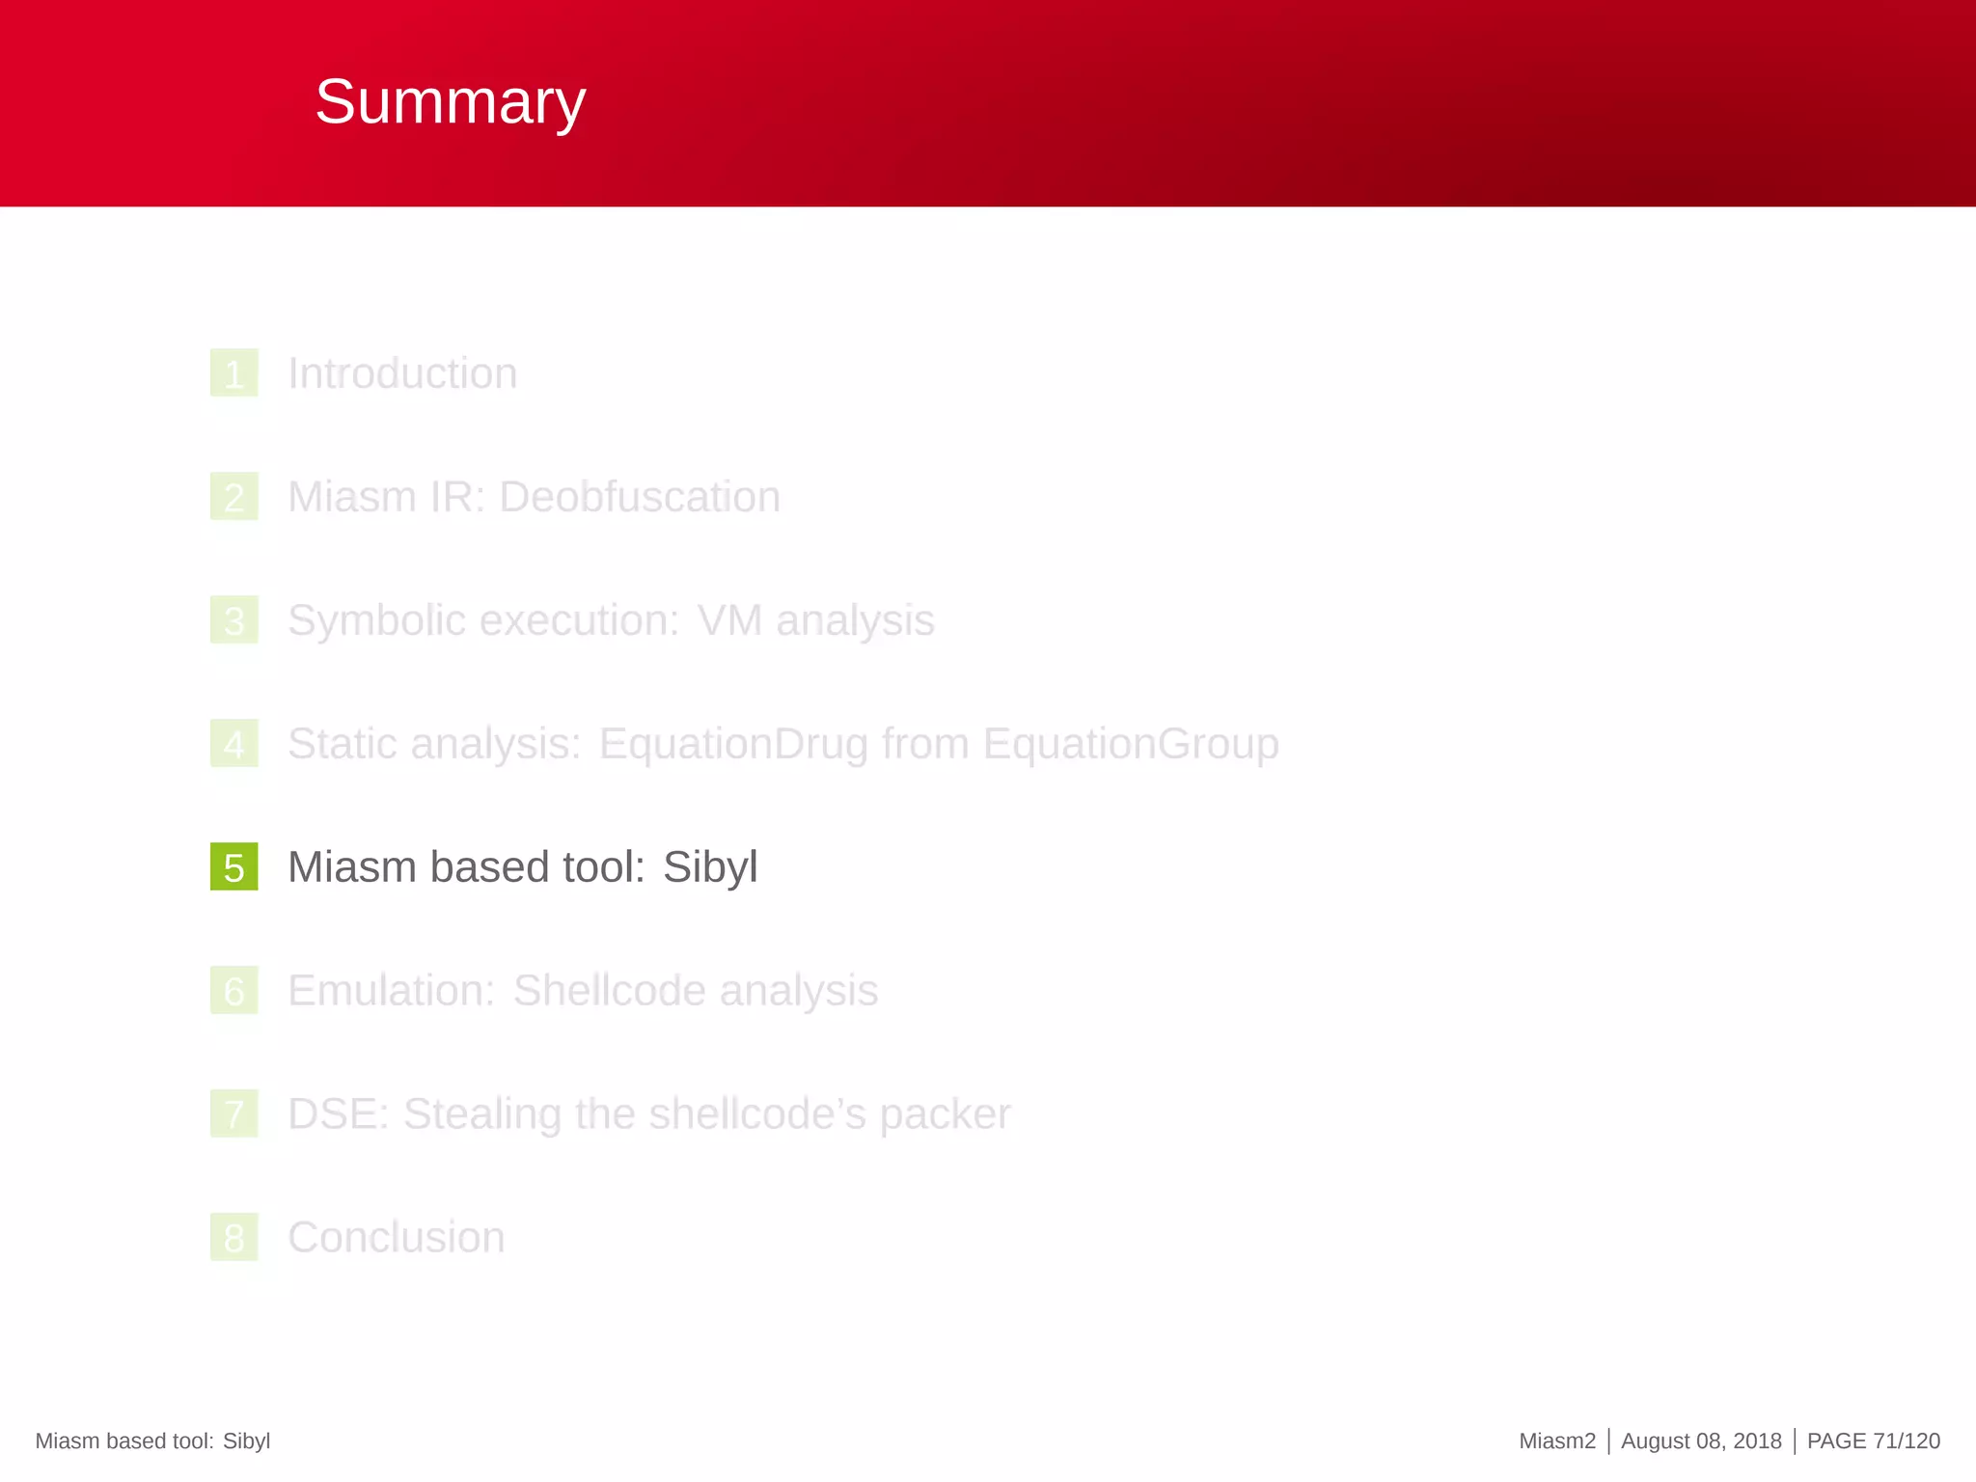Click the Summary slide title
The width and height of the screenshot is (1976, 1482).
click(450, 101)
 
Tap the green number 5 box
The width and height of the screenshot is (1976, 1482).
click(233, 866)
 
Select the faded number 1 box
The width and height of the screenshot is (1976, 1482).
click(233, 373)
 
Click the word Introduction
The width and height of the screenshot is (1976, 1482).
click(402, 373)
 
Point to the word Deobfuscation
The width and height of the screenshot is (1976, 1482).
click(640, 497)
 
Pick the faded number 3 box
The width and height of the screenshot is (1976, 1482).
click(233, 620)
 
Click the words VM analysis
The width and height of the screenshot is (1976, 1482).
click(815, 620)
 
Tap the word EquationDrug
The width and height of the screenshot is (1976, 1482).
click(732, 744)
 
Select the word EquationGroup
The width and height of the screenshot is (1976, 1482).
click(1131, 744)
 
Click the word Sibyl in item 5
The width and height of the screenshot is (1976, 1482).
click(710, 866)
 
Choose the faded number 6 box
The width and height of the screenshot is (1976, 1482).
click(233, 991)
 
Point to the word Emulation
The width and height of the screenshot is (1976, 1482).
click(391, 991)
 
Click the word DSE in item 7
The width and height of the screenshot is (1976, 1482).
click(335, 1114)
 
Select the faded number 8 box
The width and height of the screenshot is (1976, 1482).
click(233, 1238)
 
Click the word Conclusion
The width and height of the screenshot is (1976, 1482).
click(397, 1238)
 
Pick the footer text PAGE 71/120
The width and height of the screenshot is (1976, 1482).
click(1873, 1441)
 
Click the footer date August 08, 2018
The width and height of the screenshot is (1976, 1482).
click(1701, 1441)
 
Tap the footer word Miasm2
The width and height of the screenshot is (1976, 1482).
click(1557, 1441)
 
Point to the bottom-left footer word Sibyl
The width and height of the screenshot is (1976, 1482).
click(246, 1441)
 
